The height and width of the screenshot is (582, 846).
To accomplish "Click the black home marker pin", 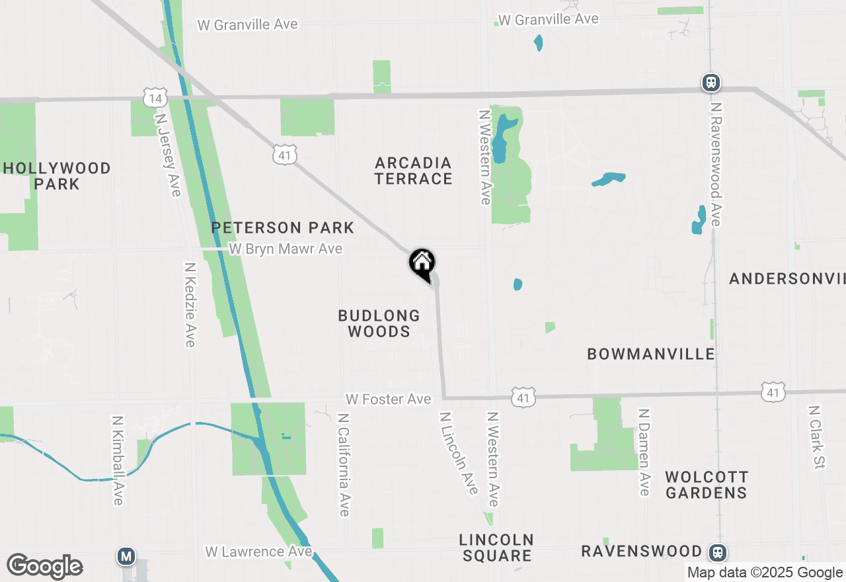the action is pyautogui.click(x=422, y=263).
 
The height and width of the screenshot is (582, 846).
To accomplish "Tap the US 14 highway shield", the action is pyautogui.click(x=154, y=99).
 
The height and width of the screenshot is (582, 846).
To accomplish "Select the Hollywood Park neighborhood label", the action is pyautogui.click(x=57, y=176).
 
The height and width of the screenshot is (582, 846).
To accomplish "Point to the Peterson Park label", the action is pyautogui.click(x=283, y=228).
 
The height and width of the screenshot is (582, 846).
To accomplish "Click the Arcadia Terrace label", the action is pyautogui.click(x=413, y=171).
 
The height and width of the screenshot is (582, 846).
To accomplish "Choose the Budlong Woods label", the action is pyautogui.click(x=379, y=323).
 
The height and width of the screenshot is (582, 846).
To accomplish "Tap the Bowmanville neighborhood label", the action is pyautogui.click(x=651, y=354).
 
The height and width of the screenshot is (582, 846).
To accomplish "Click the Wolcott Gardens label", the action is pyautogui.click(x=707, y=485).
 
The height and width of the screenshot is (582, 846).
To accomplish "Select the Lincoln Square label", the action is pyautogui.click(x=496, y=548).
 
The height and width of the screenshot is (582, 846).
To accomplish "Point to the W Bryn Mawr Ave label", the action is pyautogui.click(x=286, y=249).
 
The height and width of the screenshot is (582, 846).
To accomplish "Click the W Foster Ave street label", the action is pyautogui.click(x=388, y=399).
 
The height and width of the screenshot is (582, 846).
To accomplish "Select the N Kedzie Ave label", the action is pyautogui.click(x=190, y=305).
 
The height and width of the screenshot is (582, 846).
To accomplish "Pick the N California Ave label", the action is pyautogui.click(x=343, y=465).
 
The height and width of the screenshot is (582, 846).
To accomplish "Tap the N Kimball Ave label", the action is pyautogui.click(x=118, y=460).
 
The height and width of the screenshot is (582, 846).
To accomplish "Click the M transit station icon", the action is pyautogui.click(x=126, y=556).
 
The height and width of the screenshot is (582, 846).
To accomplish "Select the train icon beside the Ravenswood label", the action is pyautogui.click(x=718, y=552).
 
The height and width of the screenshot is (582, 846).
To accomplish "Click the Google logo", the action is pyautogui.click(x=45, y=567).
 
